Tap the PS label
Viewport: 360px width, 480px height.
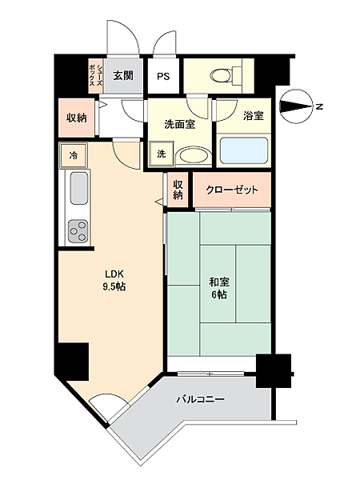coord(163,76)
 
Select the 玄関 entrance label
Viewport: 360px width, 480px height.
coord(123,75)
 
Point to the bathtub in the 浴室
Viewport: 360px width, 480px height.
coord(244,150)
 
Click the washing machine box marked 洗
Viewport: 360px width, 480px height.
coord(162,154)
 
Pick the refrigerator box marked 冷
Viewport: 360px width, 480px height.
coord(74,155)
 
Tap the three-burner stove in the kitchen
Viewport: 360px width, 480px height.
coord(78,231)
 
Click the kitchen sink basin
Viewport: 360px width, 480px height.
coord(79,188)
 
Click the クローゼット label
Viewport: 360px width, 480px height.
coord(232,190)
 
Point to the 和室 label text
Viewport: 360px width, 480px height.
coord(219,282)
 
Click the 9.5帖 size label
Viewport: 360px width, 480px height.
coord(114,286)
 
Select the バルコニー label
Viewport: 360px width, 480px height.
coord(201,399)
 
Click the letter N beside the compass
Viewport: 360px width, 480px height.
coord(319,106)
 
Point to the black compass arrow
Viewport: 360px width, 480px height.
coord(296,106)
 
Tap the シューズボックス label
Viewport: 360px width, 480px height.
coord(95,76)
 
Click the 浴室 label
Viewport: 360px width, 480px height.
coord(254,116)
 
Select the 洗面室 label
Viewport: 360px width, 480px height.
coord(180,125)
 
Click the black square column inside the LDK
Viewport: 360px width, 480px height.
coord(74,362)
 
